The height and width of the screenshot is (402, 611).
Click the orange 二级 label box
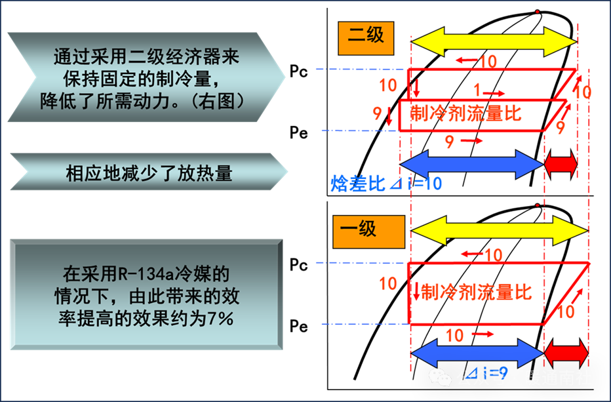(366, 37)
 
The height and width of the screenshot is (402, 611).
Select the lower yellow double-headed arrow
(499, 231)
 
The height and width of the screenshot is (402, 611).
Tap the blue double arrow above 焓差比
(471, 164)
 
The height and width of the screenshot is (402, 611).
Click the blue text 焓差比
(358, 184)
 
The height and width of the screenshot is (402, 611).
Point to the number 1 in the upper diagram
(477, 90)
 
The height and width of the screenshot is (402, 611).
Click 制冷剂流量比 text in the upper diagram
(465, 113)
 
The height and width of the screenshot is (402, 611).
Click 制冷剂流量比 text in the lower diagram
(476, 291)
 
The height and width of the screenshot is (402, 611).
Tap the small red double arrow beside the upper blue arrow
(561, 164)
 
